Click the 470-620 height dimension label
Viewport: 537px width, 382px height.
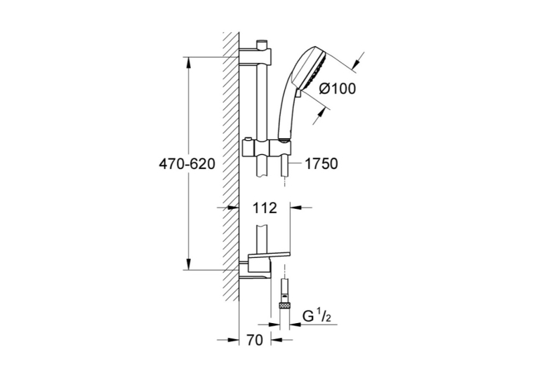coord(187,164)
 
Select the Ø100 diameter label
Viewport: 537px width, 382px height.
coord(337,89)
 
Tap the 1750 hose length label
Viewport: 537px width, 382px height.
coord(321,164)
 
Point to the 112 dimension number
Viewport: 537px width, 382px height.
coord(265,208)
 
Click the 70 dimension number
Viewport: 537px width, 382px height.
coord(254,340)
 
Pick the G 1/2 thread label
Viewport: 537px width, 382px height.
coord(317,317)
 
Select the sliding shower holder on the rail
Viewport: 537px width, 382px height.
coord(267,147)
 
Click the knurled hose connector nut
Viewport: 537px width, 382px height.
coord(284,306)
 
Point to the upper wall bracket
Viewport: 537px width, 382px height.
coord(255,56)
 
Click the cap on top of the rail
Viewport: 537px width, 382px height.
coord(262,44)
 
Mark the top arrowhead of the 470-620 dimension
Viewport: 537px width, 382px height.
coord(188,62)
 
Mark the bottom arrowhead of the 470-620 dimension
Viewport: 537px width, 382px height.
coord(188,264)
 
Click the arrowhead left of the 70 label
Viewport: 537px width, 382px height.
coord(233,340)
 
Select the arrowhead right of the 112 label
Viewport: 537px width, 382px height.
coord(296,207)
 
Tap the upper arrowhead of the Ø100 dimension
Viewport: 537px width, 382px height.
coord(356,64)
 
